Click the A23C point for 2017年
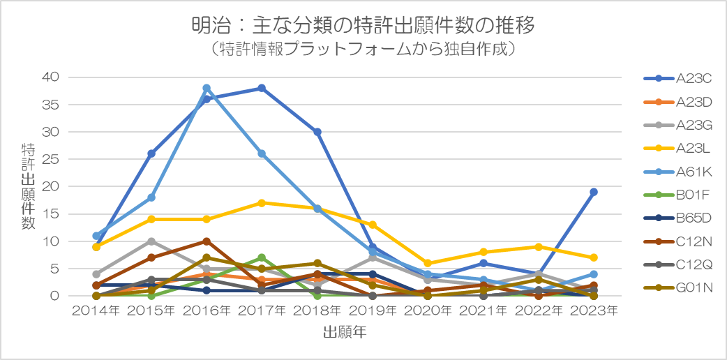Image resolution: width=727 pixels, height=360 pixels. (262, 88)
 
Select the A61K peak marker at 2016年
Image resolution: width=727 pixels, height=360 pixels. (207, 88)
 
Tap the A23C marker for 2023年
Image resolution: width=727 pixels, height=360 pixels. (594, 192)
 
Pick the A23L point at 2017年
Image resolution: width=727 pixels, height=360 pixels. (262, 203)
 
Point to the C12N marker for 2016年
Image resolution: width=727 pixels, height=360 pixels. (207, 241)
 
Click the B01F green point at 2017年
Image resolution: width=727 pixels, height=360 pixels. (262, 257)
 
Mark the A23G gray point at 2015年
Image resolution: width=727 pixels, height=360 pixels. (151, 241)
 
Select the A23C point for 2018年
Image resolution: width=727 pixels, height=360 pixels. (317, 132)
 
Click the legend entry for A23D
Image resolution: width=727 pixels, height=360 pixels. (677, 102)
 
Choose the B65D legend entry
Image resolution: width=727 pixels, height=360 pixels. (677, 218)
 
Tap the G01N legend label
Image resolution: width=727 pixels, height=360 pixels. (694, 288)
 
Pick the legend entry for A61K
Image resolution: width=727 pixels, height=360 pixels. (677, 172)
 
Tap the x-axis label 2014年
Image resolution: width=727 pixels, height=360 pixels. (96, 310)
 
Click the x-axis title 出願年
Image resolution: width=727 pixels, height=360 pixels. (345, 332)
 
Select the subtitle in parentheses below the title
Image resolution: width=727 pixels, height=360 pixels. (363, 49)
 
